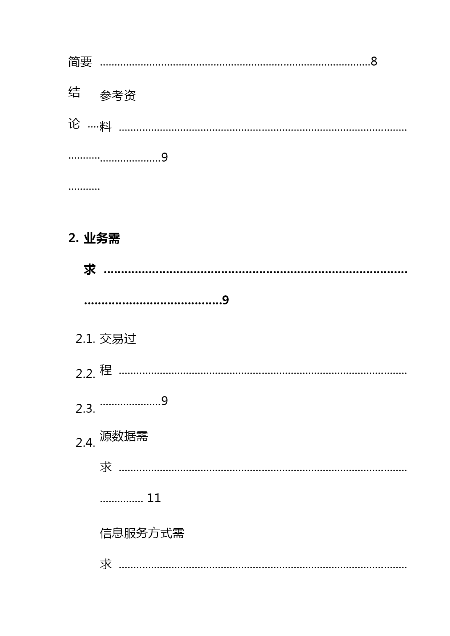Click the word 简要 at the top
click(80, 62)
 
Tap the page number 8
click(374, 62)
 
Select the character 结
click(74, 92)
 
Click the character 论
click(74, 124)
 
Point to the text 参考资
click(118, 96)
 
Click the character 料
click(106, 127)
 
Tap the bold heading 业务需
click(102, 238)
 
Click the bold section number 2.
click(74, 238)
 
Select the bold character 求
click(90, 270)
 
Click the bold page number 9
click(225, 300)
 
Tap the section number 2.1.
click(85, 339)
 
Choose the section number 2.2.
click(85, 374)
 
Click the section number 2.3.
click(85, 409)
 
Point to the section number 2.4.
click(85, 443)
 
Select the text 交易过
click(118, 339)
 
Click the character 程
click(106, 370)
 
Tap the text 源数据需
click(124, 436)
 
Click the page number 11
click(154, 498)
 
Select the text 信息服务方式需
click(142, 533)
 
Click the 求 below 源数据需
click(106, 467)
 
